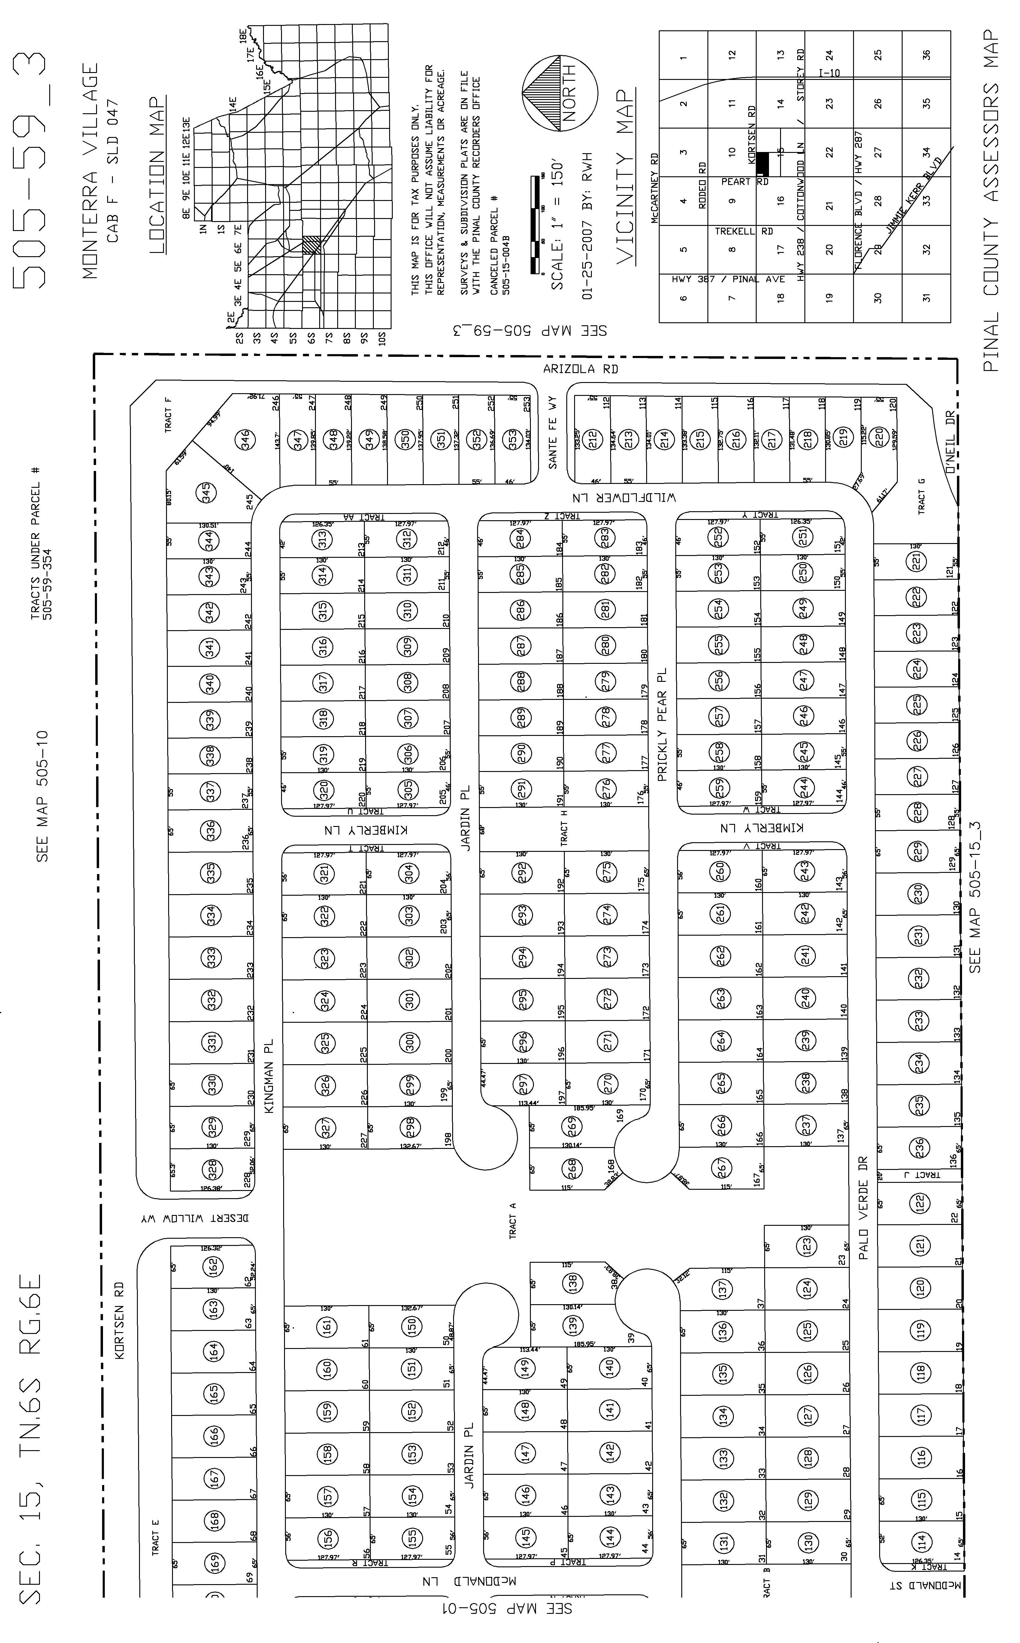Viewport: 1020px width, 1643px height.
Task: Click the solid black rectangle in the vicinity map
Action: (762, 164)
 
